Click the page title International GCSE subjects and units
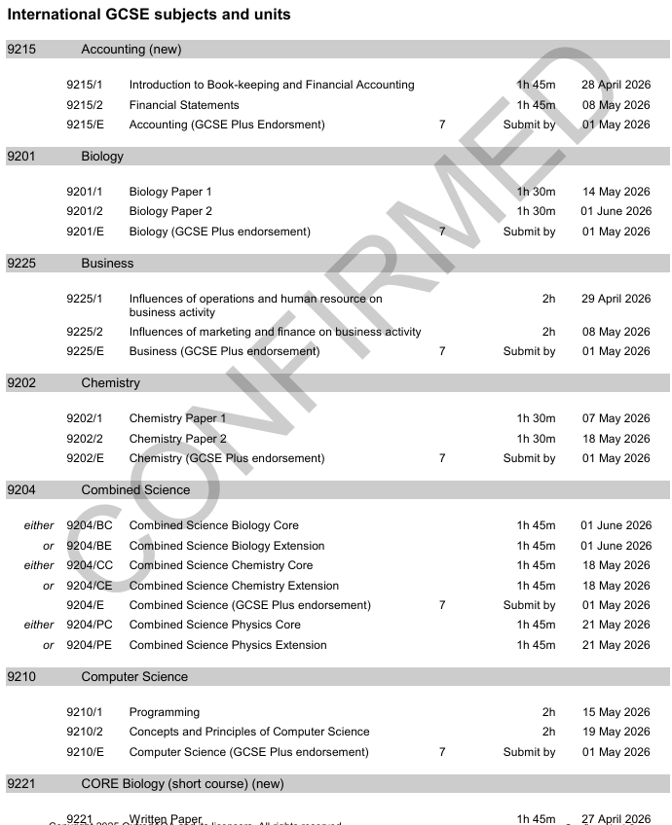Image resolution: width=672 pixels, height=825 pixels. pos(149,15)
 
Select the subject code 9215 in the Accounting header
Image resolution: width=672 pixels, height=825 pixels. pos(21,49)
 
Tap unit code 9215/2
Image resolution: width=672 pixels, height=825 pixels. pos(84,105)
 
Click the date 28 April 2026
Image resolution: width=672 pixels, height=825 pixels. pos(616,85)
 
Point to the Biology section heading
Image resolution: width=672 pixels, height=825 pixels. pos(102,156)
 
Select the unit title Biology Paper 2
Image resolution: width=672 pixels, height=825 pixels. pos(170,211)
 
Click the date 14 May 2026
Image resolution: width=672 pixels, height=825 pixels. pos(616,192)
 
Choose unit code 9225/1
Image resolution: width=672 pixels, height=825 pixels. pos(84,299)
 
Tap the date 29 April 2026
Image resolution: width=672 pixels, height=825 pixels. pos(616,299)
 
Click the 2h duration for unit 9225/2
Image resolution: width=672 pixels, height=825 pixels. pos(549,332)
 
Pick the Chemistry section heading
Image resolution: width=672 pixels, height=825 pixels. pos(110,382)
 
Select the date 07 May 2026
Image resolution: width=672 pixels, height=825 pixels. pos(616,418)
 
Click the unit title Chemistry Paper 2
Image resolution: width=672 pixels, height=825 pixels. pos(177,439)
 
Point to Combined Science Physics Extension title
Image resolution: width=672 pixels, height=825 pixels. pos(228,645)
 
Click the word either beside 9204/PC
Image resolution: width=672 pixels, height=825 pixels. pos(39,625)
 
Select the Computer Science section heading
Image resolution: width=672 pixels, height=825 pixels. pos(134,676)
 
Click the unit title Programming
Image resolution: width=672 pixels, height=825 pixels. pos(164,712)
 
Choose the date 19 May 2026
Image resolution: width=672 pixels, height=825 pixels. pos(616,732)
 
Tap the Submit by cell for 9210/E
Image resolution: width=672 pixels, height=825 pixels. pos(529,752)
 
